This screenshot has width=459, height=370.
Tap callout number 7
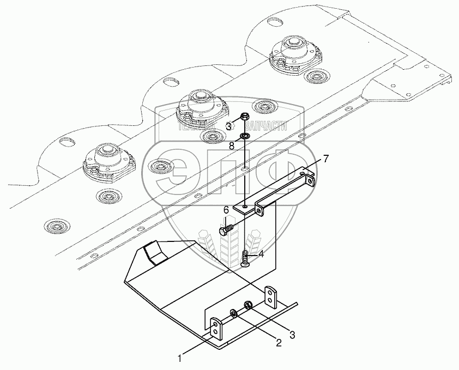point(325,159)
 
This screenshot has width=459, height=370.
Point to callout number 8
point(231,146)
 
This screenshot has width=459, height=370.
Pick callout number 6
point(225,210)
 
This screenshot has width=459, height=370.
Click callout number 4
point(261,253)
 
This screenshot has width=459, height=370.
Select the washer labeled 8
point(245,135)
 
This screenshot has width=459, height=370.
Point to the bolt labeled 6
point(226,228)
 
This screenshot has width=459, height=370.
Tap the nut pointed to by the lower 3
point(248,306)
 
